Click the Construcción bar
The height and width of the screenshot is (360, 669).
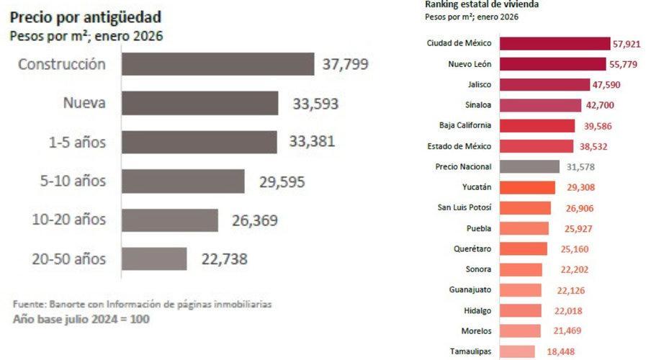(217, 64)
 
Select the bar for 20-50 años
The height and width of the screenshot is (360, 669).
(154, 258)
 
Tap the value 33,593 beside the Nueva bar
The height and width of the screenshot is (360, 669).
(315, 104)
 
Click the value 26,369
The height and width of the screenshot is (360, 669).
(254, 220)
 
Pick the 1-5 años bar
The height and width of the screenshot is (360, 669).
(199, 142)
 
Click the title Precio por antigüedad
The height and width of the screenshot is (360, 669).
(85, 17)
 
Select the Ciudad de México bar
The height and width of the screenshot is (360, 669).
(554, 43)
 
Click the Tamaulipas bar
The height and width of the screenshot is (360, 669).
(516, 351)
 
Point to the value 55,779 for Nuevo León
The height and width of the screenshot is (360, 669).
(623, 64)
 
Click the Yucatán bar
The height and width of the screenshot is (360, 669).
(526, 187)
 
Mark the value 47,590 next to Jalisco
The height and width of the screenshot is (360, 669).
(606, 84)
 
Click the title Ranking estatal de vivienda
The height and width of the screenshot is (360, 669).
(482, 4)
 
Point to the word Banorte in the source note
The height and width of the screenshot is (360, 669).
(68, 305)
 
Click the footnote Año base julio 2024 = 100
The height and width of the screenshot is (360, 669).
(81, 318)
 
